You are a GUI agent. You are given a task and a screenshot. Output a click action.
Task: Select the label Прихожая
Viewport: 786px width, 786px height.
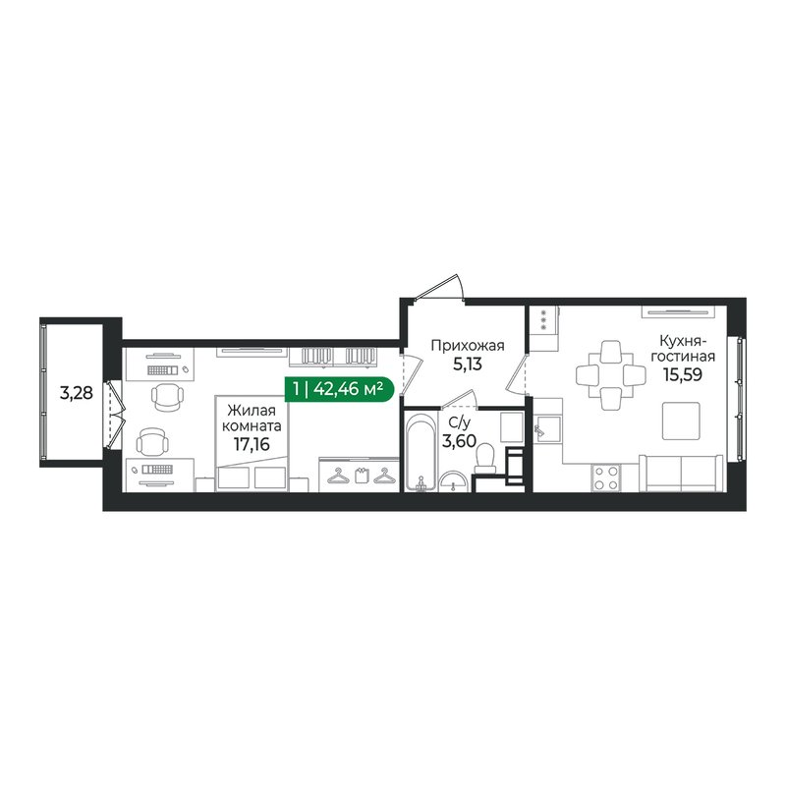(x=468, y=344)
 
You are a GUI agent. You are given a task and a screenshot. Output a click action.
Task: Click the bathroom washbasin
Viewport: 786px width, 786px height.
(x=454, y=480)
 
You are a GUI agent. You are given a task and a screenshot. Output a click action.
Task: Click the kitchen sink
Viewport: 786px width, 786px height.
(x=546, y=428)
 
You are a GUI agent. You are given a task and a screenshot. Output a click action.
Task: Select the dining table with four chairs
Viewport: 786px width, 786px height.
(x=610, y=374)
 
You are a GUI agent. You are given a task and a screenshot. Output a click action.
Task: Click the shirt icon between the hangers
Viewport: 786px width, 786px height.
(x=360, y=477)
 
